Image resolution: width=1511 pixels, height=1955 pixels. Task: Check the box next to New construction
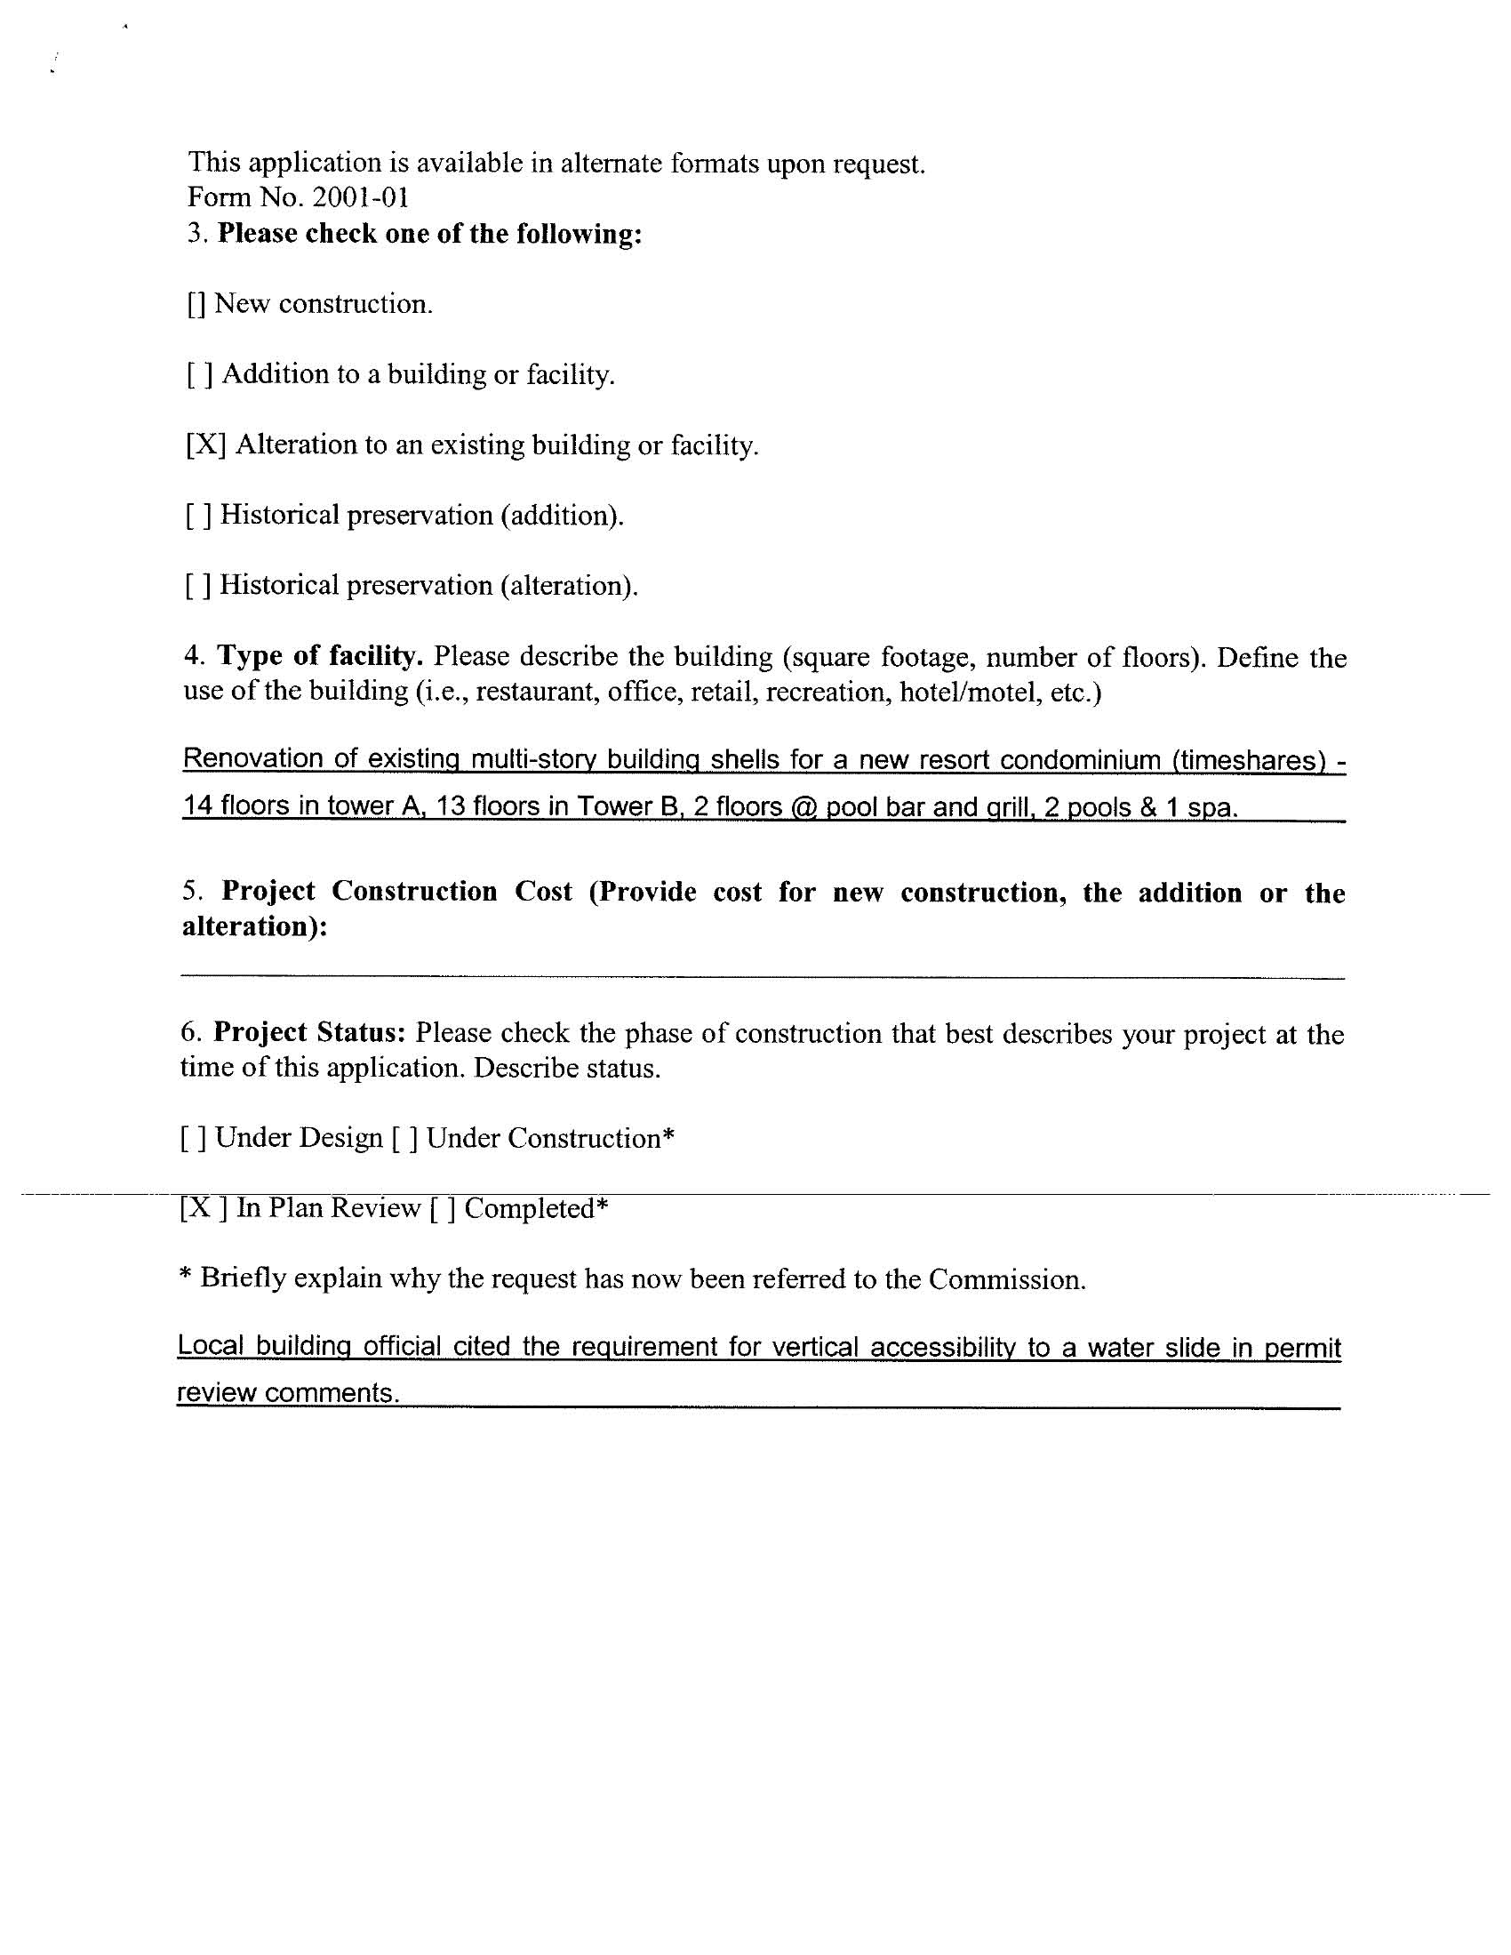(x=197, y=305)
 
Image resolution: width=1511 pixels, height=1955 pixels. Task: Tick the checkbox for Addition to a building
(x=200, y=375)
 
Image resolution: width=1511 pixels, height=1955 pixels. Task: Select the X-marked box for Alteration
(x=206, y=445)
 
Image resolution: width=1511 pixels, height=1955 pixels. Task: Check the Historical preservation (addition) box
(x=199, y=516)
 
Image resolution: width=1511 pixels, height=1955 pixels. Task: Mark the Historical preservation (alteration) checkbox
(x=199, y=585)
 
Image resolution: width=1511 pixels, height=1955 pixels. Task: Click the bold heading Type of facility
(x=320, y=656)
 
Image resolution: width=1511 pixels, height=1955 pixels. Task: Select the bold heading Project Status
(x=309, y=1032)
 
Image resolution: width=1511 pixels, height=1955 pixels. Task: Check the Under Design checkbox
(x=194, y=1139)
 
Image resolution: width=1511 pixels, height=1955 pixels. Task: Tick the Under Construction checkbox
(x=404, y=1139)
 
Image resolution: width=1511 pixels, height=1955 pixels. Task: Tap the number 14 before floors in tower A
(x=198, y=806)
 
